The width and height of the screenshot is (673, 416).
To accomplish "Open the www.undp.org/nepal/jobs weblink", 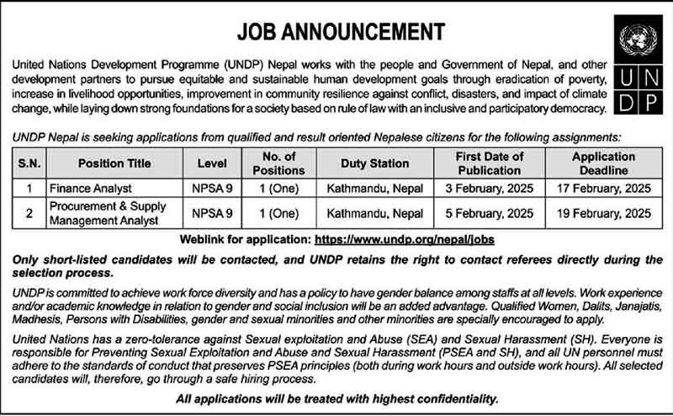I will coord(404,240).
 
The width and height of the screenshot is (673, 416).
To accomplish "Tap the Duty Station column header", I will coord(374,163).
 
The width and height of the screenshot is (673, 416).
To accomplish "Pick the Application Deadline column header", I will coord(603,163).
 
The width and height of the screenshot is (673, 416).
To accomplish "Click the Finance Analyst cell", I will coord(85,188).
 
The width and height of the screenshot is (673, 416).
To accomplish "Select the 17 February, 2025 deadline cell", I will coord(603,188).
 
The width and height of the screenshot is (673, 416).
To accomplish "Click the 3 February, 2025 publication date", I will coord(489,188).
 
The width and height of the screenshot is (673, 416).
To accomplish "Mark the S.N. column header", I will coord(29,163).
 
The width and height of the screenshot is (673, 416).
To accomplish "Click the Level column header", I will coord(212,163).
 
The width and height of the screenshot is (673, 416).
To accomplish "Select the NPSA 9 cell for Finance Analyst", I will coord(212,188).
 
